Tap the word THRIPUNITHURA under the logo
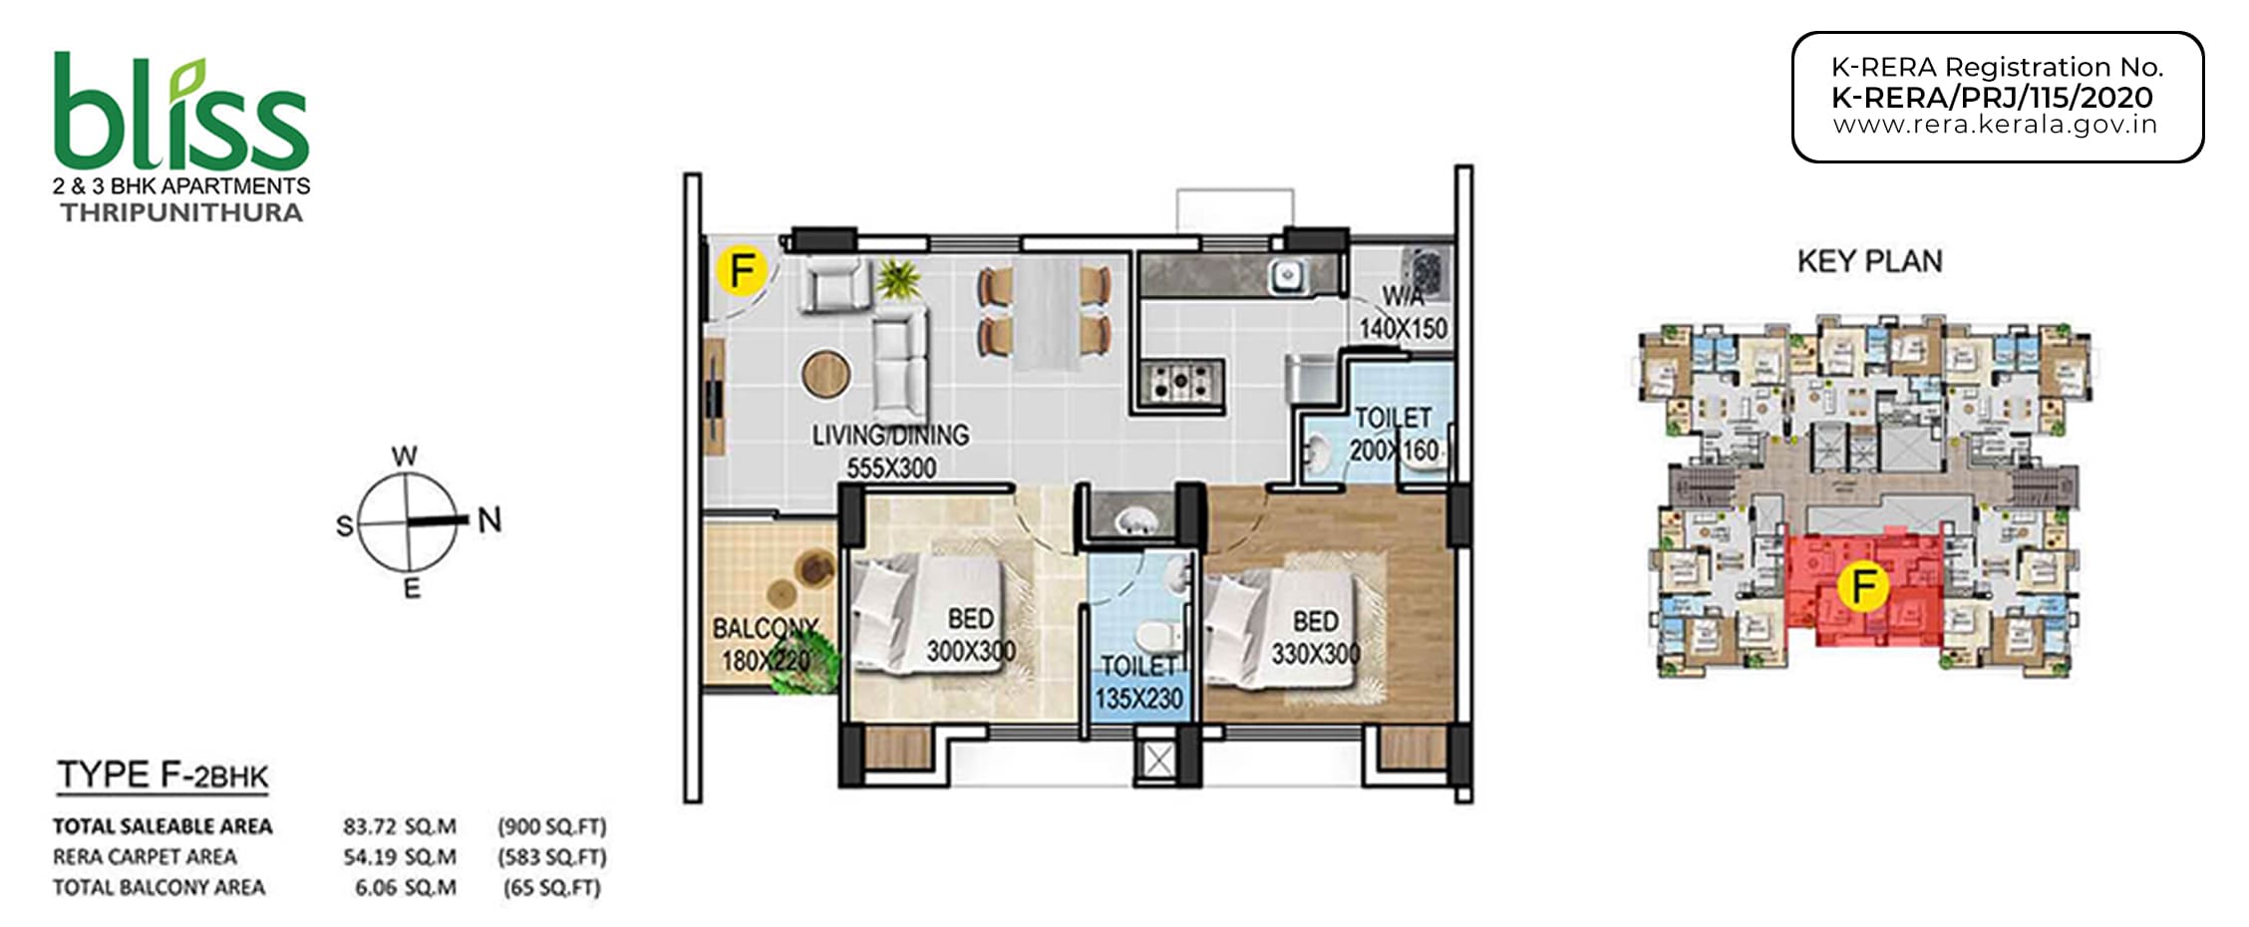(x=181, y=212)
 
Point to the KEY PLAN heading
(x=1869, y=261)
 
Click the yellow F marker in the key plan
(x=1863, y=586)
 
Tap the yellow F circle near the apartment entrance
(x=741, y=270)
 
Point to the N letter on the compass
(x=489, y=519)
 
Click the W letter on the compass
(x=404, y=457)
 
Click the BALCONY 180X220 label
(x=765, y=644)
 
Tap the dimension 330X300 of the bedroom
(x=1315, y=654)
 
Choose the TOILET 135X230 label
(x=1138, y=682)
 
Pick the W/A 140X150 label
(x=1403, y=313)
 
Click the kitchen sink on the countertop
(x=1287, y=275)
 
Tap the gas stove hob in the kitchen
(x=1182, y=380)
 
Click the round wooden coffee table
(x=826, y=374)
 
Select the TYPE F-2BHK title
(x=162, y=775)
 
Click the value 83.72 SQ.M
(x=400, y=826)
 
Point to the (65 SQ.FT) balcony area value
(x=552, y=887)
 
